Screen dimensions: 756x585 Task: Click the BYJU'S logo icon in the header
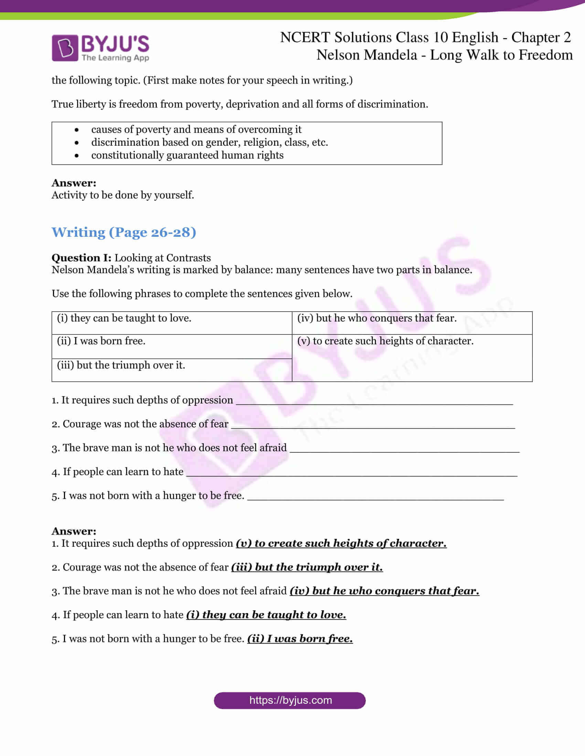pos(65,48)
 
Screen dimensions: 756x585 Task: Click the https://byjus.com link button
pos(290,700)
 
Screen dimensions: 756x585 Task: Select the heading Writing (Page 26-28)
pos(124,232)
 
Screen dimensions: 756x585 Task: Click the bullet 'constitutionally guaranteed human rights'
pos(187,155)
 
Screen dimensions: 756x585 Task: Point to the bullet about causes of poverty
pos(196,130)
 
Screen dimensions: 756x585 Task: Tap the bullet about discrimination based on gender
pos(209,142)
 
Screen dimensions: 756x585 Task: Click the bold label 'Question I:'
pos(82,258)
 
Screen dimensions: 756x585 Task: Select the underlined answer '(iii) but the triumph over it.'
pos(307,567)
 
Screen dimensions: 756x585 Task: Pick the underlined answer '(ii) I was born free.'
pos(300,639)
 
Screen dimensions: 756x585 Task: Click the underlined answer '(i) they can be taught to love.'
pos(266,615)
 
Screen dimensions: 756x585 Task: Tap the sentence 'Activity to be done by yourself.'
pos(123,195)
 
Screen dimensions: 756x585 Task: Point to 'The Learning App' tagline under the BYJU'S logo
pos(115,58)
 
